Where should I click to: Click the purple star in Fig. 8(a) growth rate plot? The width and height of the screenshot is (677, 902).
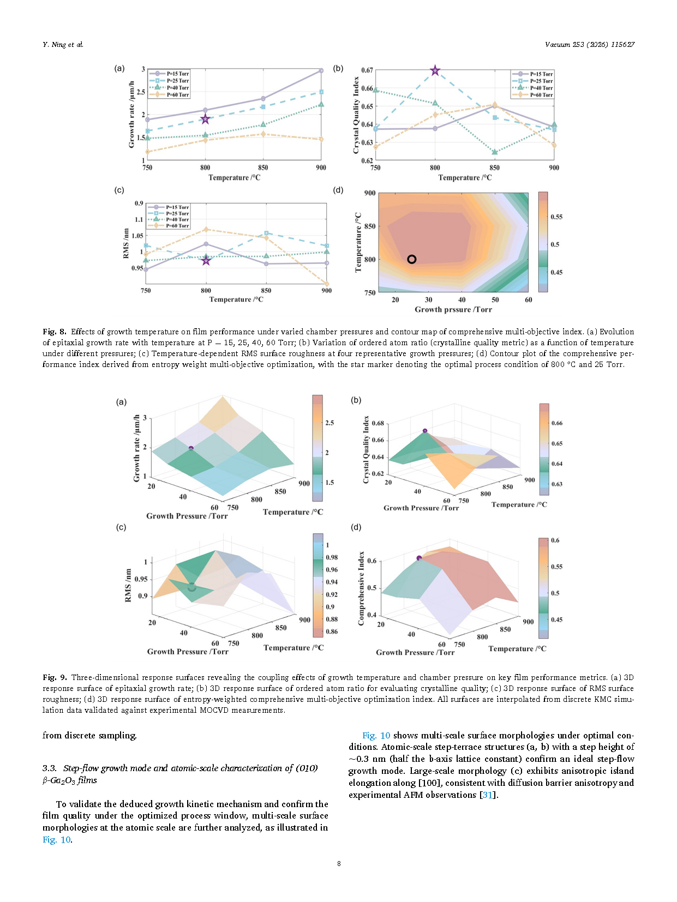click(205, 119)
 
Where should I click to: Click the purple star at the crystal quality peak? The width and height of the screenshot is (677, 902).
click(435, 71)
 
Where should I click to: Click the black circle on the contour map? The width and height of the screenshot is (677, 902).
click(411, 259)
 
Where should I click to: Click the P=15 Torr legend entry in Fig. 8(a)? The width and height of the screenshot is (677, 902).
click(169, 74)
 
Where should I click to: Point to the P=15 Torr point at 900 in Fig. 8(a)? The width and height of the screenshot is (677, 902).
click(321, 71)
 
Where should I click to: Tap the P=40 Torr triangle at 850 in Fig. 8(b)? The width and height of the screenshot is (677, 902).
click(494, 152)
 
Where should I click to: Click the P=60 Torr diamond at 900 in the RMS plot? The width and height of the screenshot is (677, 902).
click(327, 284)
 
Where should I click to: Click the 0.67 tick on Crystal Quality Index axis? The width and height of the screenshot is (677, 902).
click(367, 70)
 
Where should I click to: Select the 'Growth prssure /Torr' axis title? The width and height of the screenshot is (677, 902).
click(453, 309)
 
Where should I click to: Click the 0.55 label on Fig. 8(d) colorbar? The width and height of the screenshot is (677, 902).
click(556, 217)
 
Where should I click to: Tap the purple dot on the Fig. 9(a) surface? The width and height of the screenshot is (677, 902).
click(191, 448)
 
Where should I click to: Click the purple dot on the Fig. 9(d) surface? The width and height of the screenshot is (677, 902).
click(419, 558)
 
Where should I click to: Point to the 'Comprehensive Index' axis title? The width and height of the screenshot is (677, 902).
click(361, 588)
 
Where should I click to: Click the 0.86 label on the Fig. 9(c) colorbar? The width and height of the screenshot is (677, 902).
click(331, 632)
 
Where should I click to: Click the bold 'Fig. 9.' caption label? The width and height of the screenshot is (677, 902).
click(55, 677)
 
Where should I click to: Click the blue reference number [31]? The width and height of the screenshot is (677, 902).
click(487, 795)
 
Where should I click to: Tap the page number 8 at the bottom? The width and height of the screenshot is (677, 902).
click(339, 863)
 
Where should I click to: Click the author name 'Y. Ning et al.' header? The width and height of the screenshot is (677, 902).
click(63, 44)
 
